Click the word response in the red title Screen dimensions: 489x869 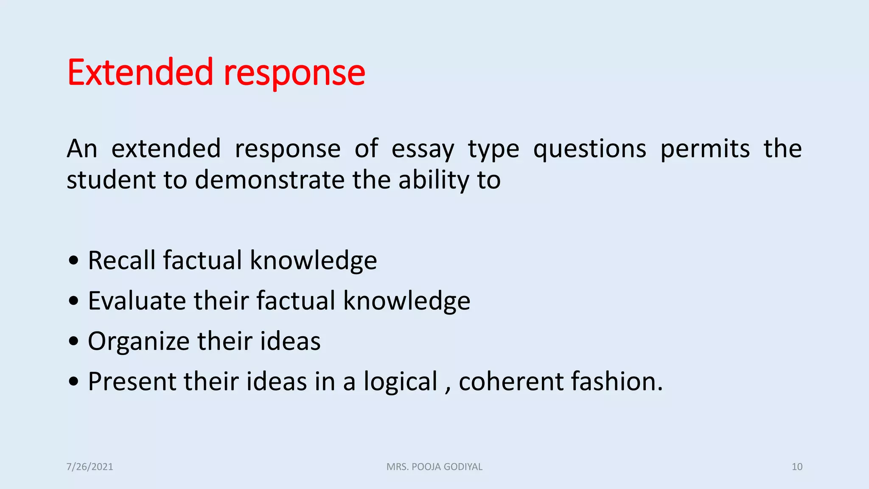(294, 74)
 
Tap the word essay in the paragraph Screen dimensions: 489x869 (423, 149)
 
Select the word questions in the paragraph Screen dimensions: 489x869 (589, 149)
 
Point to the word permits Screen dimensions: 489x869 (705, 149)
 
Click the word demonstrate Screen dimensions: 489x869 (270, 180)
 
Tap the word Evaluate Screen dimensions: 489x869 (137, 301)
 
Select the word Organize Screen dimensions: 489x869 (138, 341)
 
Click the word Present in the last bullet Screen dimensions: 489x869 (132, 381)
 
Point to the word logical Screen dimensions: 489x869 (400, 382)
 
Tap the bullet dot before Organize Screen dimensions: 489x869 (74, 341)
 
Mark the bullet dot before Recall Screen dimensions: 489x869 (74, 260)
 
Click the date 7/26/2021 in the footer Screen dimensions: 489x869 (90, 467)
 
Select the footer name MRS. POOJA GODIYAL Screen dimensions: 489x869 (434, 467)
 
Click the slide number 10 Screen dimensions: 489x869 (797, 467)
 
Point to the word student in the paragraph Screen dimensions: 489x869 (111, 180)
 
